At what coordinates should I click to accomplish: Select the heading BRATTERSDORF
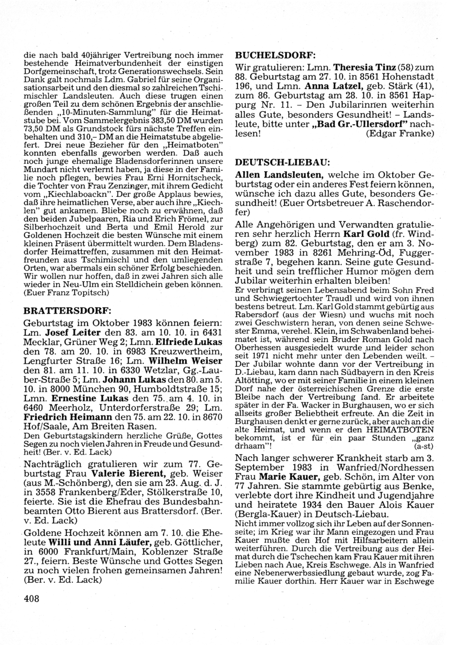pos(67,310)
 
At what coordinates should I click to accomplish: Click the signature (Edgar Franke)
pos(400,134)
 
